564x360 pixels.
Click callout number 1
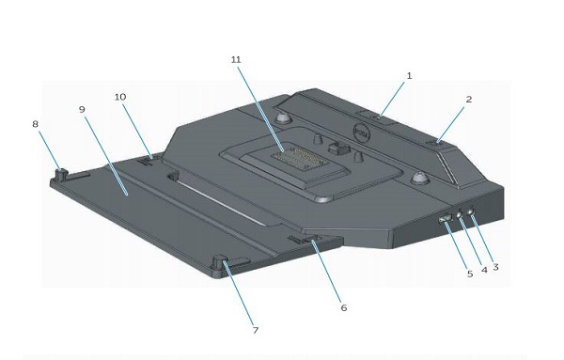pyautogui.click(x=409, y=76)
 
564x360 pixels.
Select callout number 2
pyautogui.click(x=469, y=100)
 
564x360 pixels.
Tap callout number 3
pyautogui.click(x=495, y=267)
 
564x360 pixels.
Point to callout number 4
pyautogui.click(x=484, y=270)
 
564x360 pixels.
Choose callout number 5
pyautogui.click(x=470, y=274)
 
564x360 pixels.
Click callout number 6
pyautogui.click(x=344, y=308)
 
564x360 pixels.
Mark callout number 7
pyautogui.click(x=256, y=330)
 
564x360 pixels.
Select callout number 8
pyautogui.click(x=35, y=124)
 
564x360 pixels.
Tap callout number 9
pyautogui.click(x=82, y=109)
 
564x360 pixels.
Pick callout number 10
pyautogui.click(x=120, y=97)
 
